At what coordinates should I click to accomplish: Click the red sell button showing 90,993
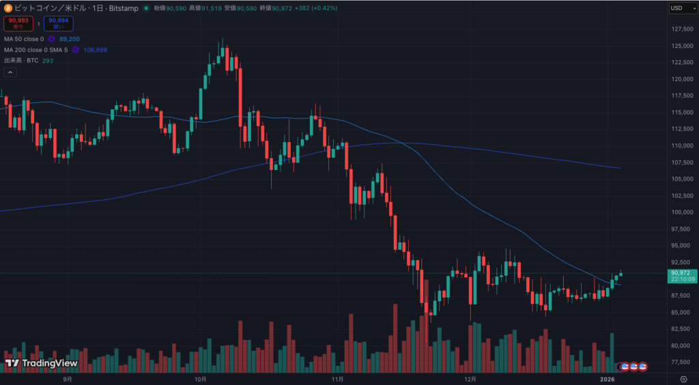coord(18,24)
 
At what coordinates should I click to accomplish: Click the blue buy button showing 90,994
coord(58,24)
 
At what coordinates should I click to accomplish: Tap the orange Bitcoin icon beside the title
coord(8,8)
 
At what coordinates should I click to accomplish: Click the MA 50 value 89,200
coord(70,39)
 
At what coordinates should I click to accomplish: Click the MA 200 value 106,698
coord(96,50)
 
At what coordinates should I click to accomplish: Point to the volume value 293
coord(48,61)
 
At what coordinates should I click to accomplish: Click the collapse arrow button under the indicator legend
coord(10,72)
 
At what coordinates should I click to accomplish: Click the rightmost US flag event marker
coord(642,367)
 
